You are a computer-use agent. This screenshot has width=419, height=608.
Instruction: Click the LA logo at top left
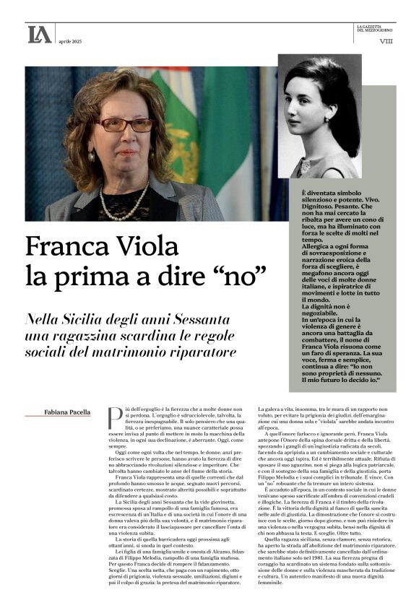point(39,34)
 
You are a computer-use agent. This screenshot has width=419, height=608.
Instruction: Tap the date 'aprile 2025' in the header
point(70,41)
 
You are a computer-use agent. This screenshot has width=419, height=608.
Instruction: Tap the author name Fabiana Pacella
point(68,412)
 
